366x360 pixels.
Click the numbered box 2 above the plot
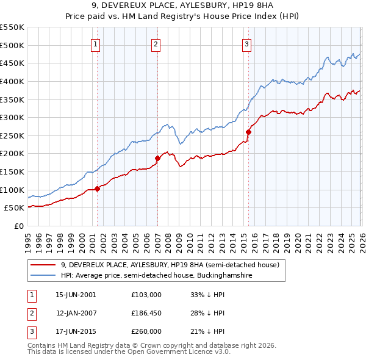156,44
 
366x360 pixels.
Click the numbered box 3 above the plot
247,44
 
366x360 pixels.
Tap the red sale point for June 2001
97,189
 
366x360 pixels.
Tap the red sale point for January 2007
157,158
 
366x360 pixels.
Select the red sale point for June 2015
248,132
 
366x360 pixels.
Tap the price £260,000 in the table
146,331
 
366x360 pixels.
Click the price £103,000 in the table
146,295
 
